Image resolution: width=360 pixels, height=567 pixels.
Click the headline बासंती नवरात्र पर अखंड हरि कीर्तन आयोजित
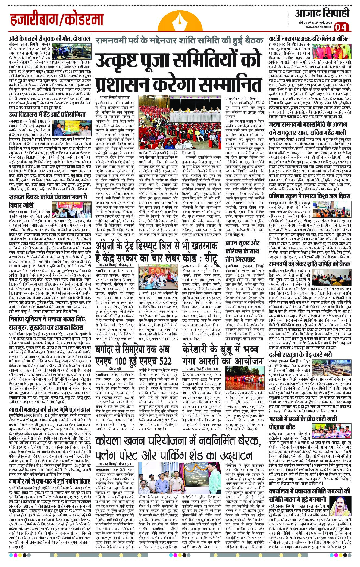[310, 38]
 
